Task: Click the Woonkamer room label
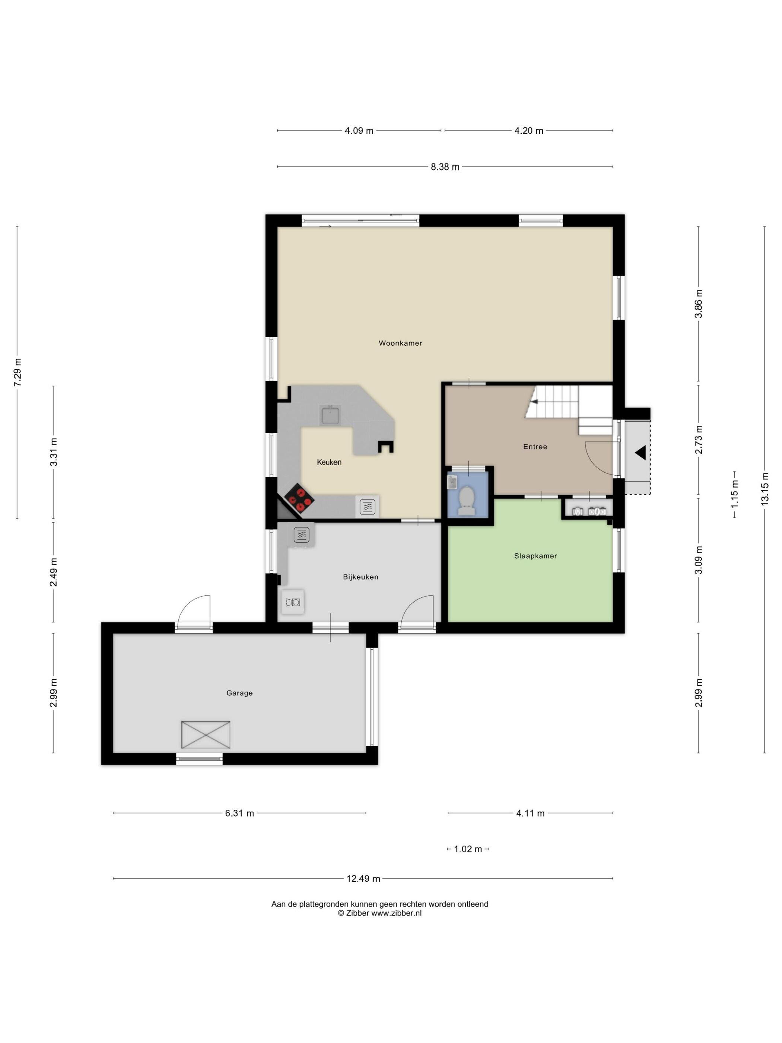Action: click(400, 343)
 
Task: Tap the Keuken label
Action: click(329, 462)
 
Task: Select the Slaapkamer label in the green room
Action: click(535, 556)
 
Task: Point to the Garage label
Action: click(239, 693)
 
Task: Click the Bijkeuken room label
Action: click(360, 577)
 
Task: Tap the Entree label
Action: click(535, 447)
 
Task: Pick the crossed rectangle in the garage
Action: click(206, 735)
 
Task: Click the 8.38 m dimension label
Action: click(445, 167)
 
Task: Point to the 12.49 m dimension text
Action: click(363, 878)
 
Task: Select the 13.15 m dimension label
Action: click(764, 489)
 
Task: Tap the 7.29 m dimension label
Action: click(18, 372)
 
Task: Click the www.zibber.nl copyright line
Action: click(379, 913)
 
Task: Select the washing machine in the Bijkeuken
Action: click(292, 602)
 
